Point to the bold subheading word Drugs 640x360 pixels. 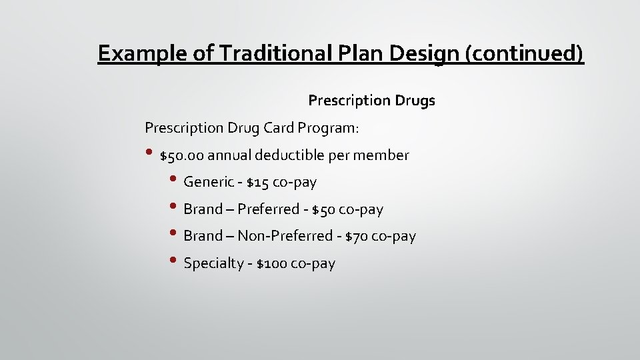[x=415, y=101]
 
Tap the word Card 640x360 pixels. [x=279, y=127]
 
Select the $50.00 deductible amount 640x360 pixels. [x=182, y=155]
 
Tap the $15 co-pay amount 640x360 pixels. [x=257, y=182]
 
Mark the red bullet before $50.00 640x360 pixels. [x=149, y=153]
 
